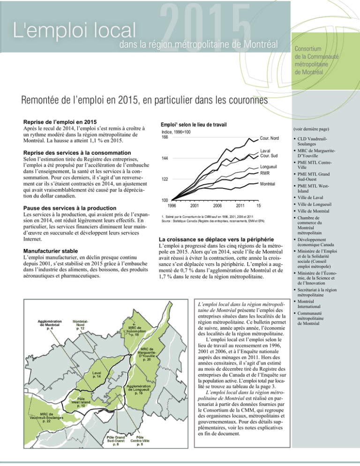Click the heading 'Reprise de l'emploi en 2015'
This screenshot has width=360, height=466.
(65, 122)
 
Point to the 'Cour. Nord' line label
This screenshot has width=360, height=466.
(269, 137)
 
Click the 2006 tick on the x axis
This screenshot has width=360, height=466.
(217, 205)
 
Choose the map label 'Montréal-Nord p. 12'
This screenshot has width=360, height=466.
(80, 324)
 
